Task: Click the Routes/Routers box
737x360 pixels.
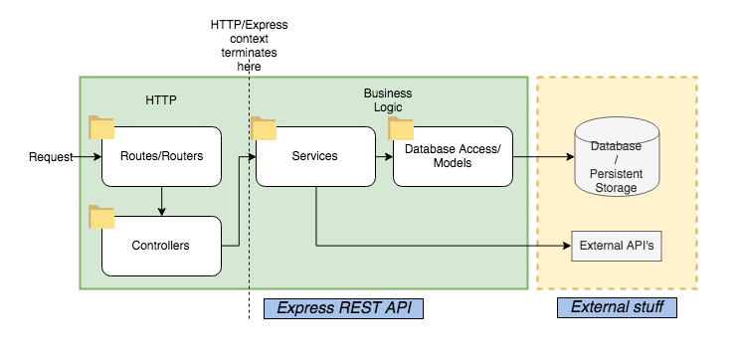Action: (x=161, y=156)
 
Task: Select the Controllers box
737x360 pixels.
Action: (x=161, y=245)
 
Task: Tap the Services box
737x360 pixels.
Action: (x=314, y=156)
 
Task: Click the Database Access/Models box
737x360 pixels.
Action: (x=453, y=156)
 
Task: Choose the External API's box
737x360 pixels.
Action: (x=617, y=245)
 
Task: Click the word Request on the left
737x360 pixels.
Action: (x=51, y=157)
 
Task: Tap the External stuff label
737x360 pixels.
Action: (x=617, y=308)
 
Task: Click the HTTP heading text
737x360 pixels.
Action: (x=160, y=100)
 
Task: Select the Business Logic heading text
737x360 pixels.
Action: (x=387, y=100)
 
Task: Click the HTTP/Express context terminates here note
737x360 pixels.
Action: (x=237, y=44)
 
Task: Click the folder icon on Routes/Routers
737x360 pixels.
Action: (x=101, y=126)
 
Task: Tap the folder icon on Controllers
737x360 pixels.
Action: (x=101, y=216)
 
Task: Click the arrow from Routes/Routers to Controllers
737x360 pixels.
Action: (x=161, y=200)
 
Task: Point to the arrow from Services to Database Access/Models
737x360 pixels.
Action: (x=383, y=156)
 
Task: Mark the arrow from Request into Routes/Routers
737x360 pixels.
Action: (x=88, y=157)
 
